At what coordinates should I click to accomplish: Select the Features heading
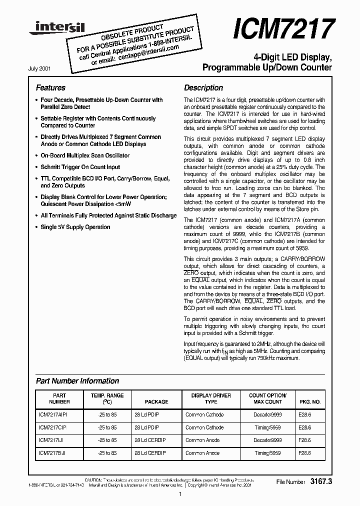(x=50, y=87)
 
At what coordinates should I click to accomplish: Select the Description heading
(x=203, y=87)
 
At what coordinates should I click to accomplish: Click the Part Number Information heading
(x=77, y=381)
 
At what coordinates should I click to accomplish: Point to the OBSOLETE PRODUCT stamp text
(x=132, y=32)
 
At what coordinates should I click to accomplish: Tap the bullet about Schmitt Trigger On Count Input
(x=80, y=167)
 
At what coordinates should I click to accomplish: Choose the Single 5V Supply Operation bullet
(x=75, y=227)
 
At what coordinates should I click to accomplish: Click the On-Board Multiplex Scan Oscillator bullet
(x=84, y=155)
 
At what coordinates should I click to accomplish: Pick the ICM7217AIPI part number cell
(x=52, y=414)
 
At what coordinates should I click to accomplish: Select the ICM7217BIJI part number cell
(x=52, y=452)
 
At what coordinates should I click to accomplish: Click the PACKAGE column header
(x=156, y=401)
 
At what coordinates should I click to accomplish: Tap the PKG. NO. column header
(x=310, y=401)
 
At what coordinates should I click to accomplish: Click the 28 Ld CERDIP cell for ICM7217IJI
(x=150, y=440)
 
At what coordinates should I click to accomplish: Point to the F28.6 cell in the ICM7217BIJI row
(x=304, y=452)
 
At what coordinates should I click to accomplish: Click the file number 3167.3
(x=320, y=481)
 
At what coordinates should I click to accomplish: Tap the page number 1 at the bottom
(x=179, y=494)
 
